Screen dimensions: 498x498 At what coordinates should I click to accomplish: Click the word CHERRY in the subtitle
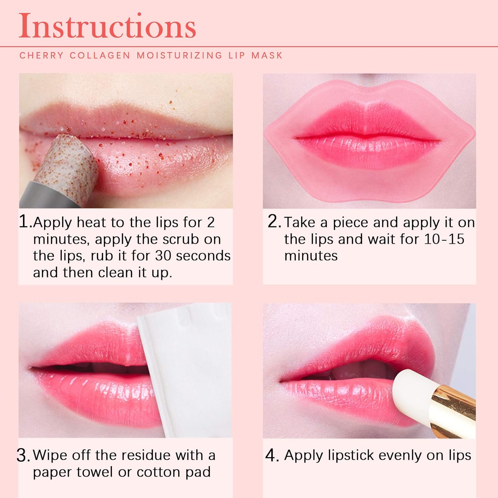[41, 55]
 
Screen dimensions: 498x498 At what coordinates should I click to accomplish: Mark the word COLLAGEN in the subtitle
[100, 55]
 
